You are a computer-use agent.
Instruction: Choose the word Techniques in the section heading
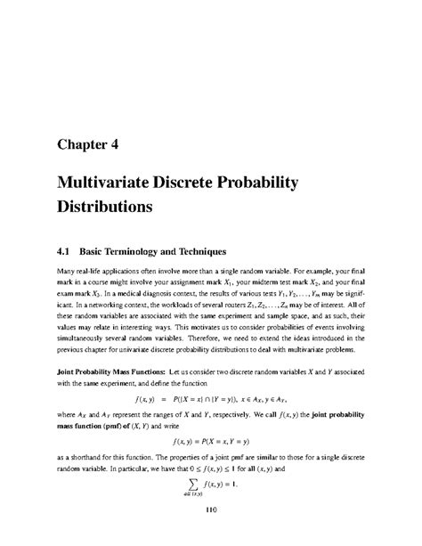click(213, 240)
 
